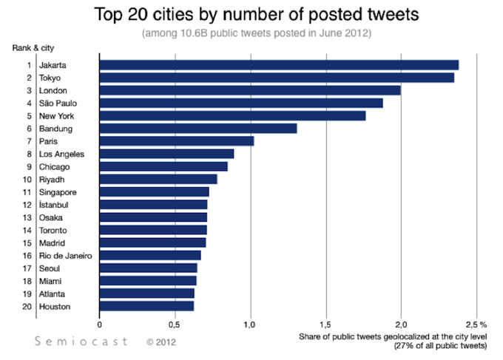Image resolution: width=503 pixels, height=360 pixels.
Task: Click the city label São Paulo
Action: coord(57,103)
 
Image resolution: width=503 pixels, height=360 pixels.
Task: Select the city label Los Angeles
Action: coord(61,154)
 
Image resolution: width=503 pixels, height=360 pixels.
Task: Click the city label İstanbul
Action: coord(54,205)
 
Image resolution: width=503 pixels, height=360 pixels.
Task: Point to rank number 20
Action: coord(27,306)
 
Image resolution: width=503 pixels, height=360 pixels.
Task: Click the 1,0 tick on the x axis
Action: coord(250,324)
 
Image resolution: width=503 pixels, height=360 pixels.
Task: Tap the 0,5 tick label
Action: coord(175,324)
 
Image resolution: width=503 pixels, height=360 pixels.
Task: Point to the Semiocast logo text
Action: coord(81,342)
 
